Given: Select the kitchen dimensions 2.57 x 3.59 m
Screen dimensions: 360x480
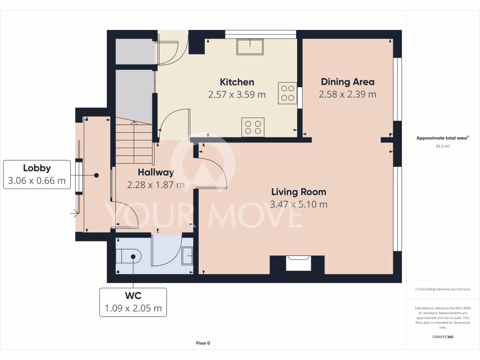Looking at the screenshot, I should pos(237,94).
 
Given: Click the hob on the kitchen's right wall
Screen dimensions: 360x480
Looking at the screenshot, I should pos(288,93).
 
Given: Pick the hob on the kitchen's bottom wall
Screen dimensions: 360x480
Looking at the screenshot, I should pos(253,127).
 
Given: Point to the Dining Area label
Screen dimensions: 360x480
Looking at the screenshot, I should pos(347,82).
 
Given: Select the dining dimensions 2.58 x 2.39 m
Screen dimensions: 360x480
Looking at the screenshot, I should pos(347,94).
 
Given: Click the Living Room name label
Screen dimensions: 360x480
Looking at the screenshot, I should pos(299,192).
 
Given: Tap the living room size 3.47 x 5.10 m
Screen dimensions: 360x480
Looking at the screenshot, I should pos(299,204).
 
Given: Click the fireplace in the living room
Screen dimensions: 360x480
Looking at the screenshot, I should pos(297,263).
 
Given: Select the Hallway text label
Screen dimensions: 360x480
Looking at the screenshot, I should pos(156,172).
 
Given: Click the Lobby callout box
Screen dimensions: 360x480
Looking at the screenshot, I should pos(37,174).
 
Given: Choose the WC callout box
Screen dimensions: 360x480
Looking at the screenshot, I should pos(133,302).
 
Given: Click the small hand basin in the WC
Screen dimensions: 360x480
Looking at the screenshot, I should pos(187,255).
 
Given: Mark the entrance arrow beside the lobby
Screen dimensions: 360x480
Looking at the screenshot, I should pos(74,214).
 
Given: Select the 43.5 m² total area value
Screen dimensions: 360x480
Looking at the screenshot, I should pos(442,146).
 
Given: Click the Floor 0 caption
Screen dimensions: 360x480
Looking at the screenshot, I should pos(203,343).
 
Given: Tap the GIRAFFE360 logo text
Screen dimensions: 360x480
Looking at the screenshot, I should pos(442,337).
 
